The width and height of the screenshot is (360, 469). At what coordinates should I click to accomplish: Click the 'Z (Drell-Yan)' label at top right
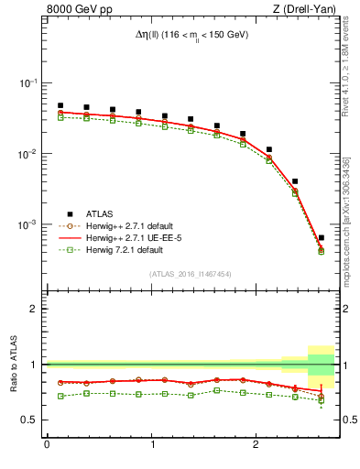tap(306, 10)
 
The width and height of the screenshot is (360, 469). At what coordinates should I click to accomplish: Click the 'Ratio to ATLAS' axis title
tap(12, 364)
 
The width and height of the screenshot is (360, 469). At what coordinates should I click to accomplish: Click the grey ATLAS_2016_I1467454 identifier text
tap(191, 274)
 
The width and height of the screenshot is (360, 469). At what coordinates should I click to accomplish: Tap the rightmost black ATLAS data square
tap(321, 237)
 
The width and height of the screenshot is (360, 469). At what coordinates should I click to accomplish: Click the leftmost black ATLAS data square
tap(60, 105)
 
